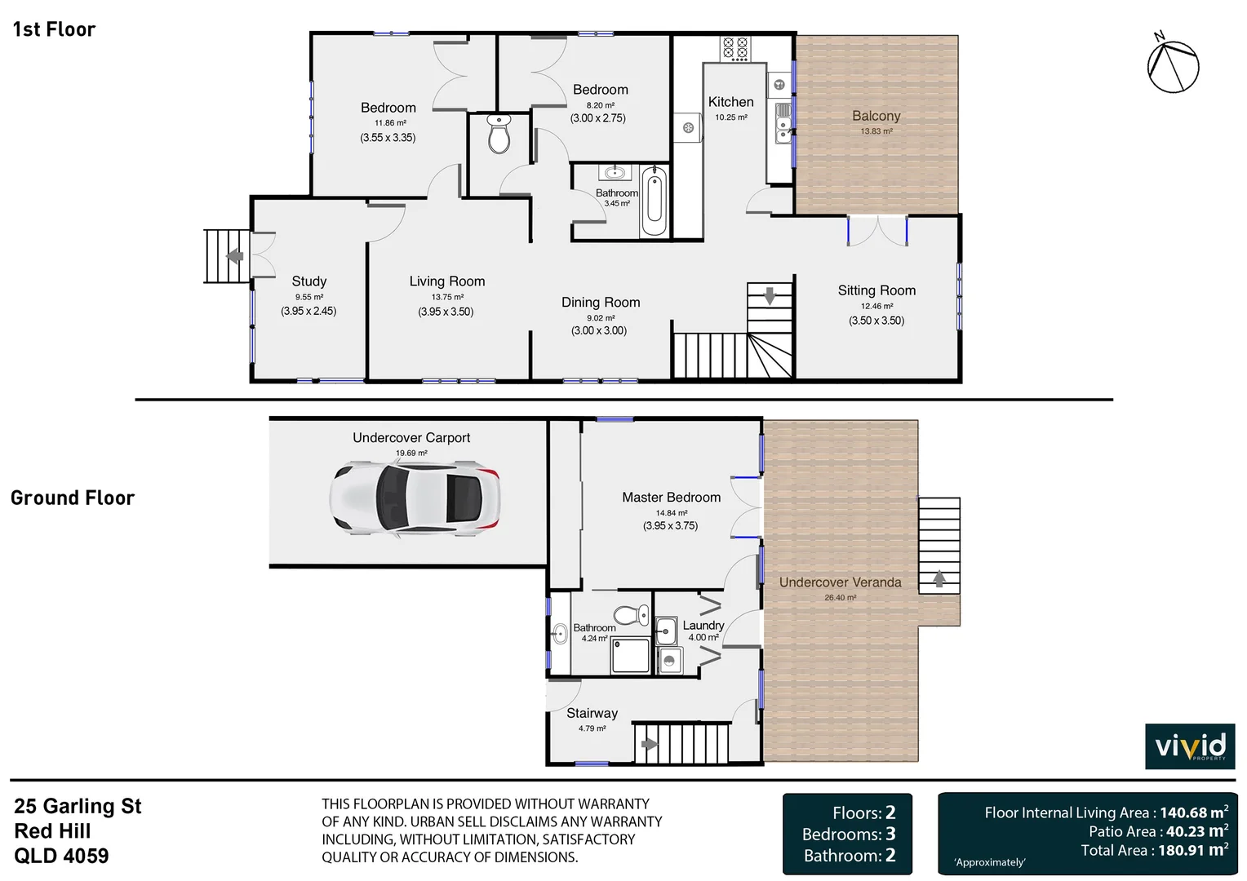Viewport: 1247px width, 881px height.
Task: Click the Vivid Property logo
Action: pyautogui.click(x=1190, y=746)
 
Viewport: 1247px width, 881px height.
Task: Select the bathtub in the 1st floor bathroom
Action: pyautogui.click(x=654, y=201)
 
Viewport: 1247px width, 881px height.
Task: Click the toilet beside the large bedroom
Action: pyautogui.click(x=499, y=135)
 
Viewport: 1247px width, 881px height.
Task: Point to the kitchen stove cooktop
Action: pyautogui.click(x=734, y=48)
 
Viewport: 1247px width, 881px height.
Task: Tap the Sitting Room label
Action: pyautogui.click(x=876, y=290)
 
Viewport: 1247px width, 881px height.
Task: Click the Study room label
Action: pyautogui.click(x=308, y=281)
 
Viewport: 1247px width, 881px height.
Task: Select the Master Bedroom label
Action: pyautogui.click(x=671, y=498)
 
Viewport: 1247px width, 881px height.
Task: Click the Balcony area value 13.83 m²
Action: pyautogui.click(x=876, y=131)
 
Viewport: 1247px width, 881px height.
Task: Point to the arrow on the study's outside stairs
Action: pyautogui.click(x=235, y=256)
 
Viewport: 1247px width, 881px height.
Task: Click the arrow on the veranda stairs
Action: pyautogui.click(x=939, y=578)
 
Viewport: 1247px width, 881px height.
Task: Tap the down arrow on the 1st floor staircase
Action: pyautogui.click(x=770, y=296)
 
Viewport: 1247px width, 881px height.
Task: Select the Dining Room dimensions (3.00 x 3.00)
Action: pyautogui.click(x=599, y=331)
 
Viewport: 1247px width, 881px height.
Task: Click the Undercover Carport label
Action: pyautogui.click(x=411, y=438)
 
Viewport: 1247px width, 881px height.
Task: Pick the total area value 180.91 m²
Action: pyautogui.click(x=1192, y=850)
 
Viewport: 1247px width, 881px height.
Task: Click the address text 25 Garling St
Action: pyautogui.click(x=78, y=807)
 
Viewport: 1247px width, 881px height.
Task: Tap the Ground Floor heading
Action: pyautogui.click(x=73, y=498)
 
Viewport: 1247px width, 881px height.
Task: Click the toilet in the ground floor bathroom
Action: pyautogui.click(x=630, y=615)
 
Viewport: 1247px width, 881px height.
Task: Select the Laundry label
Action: pyautogui.click(x=703, y=626)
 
